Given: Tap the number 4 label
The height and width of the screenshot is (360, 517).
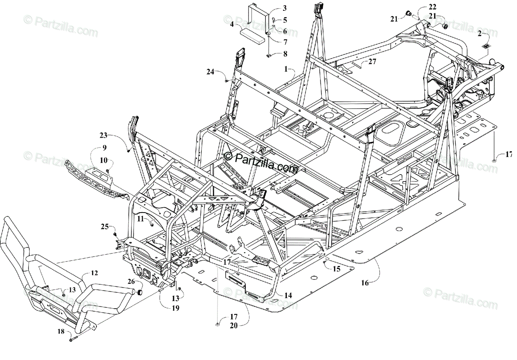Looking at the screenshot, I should point(232,25).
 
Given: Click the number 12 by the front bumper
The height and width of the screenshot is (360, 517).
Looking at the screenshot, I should point(94,273).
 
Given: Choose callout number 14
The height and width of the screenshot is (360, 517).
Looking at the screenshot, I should point(288,296).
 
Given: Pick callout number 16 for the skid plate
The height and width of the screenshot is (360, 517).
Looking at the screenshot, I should point(365,283).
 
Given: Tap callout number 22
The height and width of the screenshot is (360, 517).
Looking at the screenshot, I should point(432,7).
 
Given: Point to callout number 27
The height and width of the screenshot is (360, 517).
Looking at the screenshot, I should point(372,62).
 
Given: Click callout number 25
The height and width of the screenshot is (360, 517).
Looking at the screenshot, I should point(105,226).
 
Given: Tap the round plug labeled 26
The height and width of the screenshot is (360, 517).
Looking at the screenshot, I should point(140,293).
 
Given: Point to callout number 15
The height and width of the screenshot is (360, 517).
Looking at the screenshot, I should point(336,269).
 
